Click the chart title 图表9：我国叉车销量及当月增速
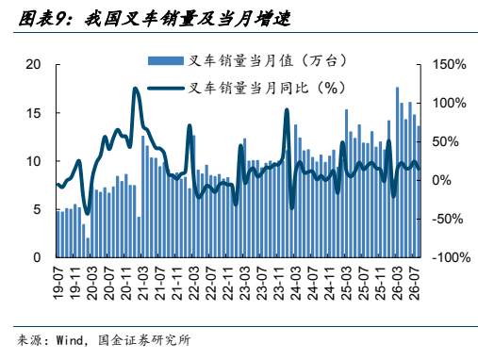point(155,19)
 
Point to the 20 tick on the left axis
point(33,64)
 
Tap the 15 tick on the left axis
point(33,113)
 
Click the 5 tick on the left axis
point(38,209)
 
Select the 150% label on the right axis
point(450,64)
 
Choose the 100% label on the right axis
point(450,103)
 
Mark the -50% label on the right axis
point(448,219)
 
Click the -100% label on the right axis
point(452,257)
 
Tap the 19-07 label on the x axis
point(58,283)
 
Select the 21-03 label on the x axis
point(143,283)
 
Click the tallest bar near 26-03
point(397,172)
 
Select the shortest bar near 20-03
point(88,248)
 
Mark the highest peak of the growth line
point(135,89)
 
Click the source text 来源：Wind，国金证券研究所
point(104,340)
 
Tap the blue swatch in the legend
point(166,60)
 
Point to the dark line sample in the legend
point(166,89)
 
